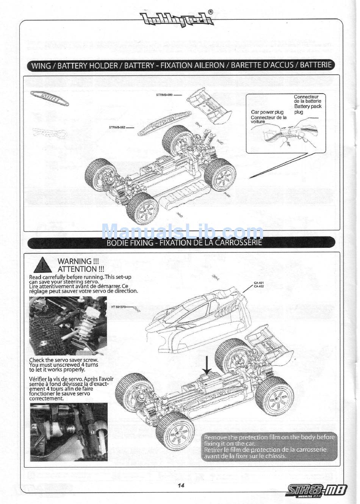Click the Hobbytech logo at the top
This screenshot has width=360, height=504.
[177, 18]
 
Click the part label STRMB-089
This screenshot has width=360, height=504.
[164, 94]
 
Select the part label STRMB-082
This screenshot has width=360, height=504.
[117, 127]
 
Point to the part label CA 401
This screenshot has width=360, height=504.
[259, 283]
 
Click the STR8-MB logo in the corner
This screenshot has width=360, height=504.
[317, 491]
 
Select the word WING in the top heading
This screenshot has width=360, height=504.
[41, 66]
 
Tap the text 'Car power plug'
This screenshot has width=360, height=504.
[267, 112]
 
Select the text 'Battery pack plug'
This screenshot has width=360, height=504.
[308, 109]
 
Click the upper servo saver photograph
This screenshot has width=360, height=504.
[68, 326]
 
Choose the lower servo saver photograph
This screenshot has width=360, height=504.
[68, 432]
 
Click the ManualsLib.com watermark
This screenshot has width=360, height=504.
[182, 231]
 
